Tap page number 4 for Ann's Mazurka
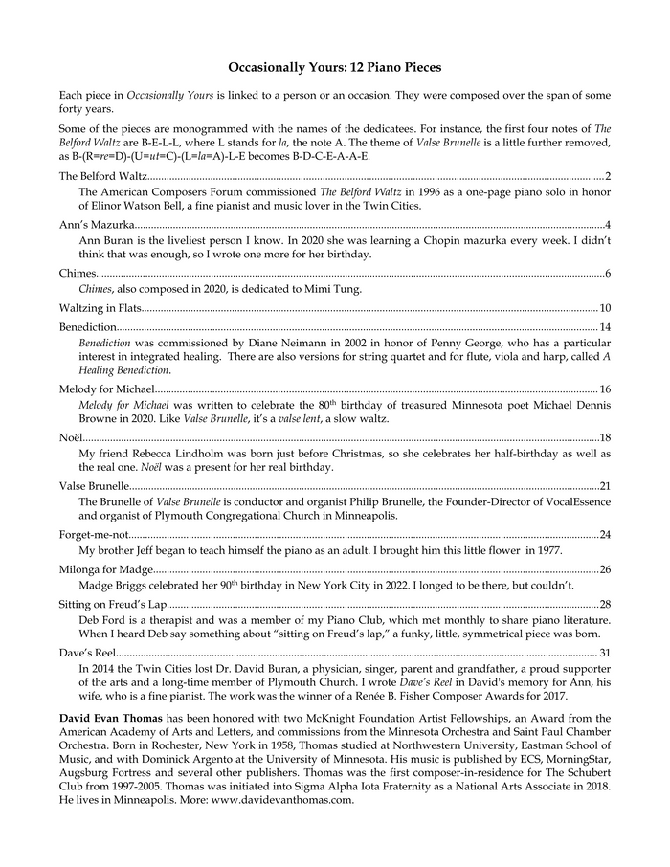[609, 225]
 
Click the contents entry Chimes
[77, 274]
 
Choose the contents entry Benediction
[88, 327]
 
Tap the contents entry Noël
[71, 437]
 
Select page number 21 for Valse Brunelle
[605, 486]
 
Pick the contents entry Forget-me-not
[93, 534]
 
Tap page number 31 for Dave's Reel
[605, 653]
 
